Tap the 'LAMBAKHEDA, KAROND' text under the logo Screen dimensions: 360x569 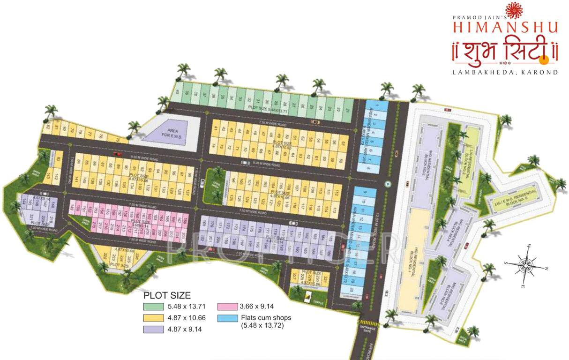pos(505,72)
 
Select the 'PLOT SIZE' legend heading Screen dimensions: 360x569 pos(167,296)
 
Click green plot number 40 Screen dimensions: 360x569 pos(177,92)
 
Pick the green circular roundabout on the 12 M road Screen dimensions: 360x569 pos(387,184)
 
